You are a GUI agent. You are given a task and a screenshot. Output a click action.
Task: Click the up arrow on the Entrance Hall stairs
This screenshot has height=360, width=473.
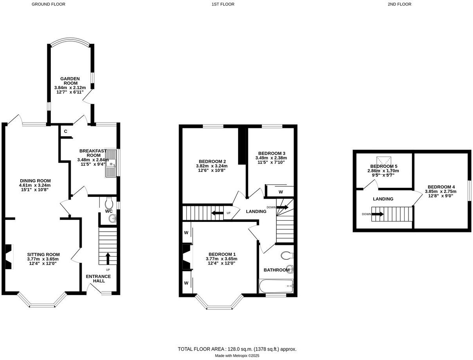pyautogui.click(x=108, y=259)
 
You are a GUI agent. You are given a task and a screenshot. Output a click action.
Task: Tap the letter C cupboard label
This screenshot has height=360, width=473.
pyautogui.click(x=65, y=131)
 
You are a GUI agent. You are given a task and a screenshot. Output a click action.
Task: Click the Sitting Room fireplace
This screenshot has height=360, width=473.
pyautogui.click(x=9, y=257)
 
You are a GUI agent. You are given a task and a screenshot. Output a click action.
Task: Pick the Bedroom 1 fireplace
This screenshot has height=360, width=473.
pyautogui.click(x=187, y=257)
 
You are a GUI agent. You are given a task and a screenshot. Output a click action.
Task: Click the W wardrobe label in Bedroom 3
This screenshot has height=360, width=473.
pyautogui.click(x=281, y=192)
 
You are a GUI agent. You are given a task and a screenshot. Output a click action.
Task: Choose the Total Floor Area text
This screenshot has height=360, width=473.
pyautogui.click(x=237, y=349)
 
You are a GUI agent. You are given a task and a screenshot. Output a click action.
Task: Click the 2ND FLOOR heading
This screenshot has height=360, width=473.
pyautogui.click(x=399, y=4)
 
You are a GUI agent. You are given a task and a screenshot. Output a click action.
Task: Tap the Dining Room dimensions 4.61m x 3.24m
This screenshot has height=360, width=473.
pyautogui.click(x=35, y=185)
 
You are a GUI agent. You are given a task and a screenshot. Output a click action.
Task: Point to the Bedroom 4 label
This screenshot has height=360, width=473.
pyautogui.click(x=441, y=187)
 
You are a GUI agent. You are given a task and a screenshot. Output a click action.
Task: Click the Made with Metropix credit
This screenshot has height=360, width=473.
pyautogui.click(x=237, y=356)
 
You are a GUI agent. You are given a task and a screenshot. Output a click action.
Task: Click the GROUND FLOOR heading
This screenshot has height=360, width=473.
pyautogui.click(x=48, y=4)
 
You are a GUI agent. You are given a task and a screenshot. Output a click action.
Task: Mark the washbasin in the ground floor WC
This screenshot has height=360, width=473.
pyautogui.click(x=112, y=219)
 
